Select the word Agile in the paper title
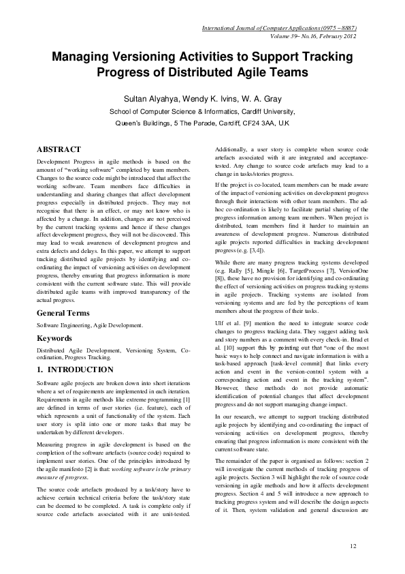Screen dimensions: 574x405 247,72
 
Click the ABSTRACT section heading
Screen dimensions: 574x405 59,149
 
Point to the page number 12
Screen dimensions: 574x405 353,546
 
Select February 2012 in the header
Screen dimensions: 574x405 338,37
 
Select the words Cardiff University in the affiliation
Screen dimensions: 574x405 263,111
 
